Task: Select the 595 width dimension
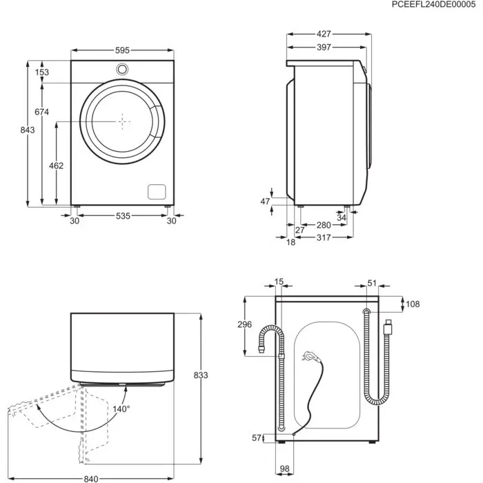(x=122, y=50)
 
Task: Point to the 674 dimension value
(x=42, y=112)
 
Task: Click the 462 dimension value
(x=56, y=166)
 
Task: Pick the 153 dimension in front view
(x=42, y=72)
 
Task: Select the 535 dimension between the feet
(x=122, y=217)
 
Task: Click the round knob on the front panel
(x=123, y=69)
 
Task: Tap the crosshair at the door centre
(x=123, y=121)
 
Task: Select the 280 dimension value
(x=324, y=225)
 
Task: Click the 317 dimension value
(x=324, y=238)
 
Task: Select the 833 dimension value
(x=200, y=375)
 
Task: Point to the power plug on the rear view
(x=308, y=357)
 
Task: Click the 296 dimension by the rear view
(x=245, y=326)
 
